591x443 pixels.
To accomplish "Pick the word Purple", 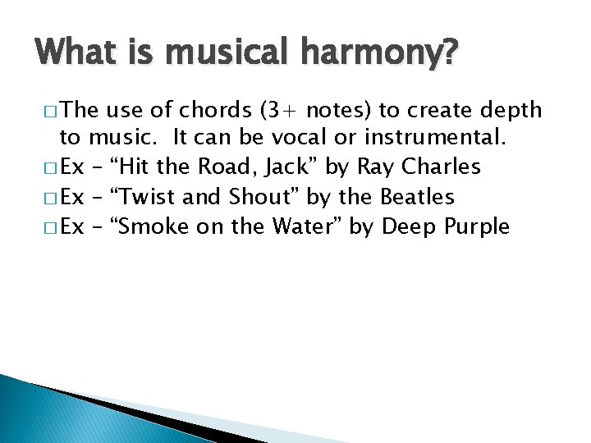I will pyautogui.click(x=475, y=226).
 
